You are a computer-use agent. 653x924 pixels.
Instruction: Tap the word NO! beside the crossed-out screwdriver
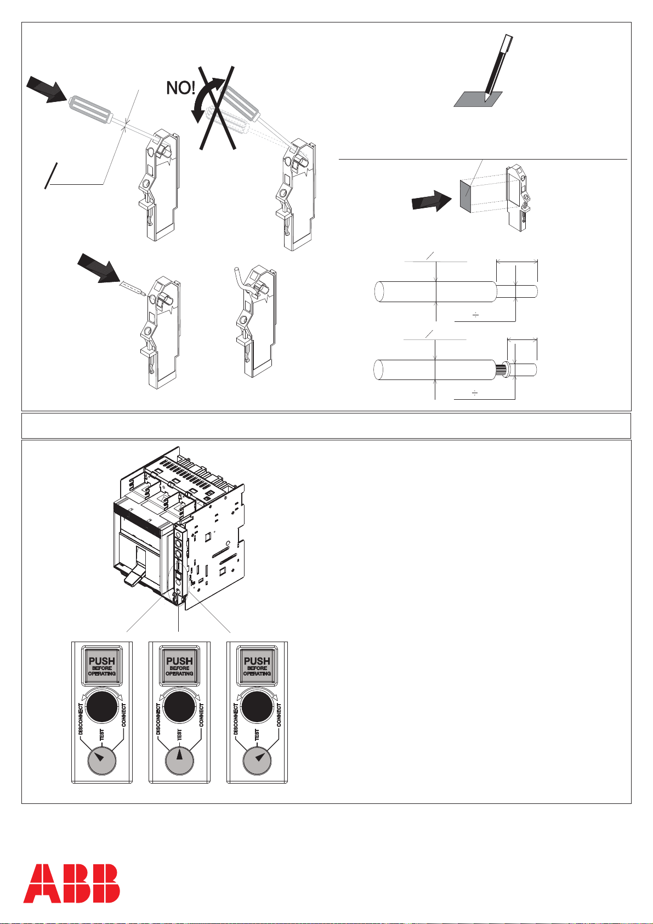(181, 88)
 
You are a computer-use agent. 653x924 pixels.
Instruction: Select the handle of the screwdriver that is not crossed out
(89, 109)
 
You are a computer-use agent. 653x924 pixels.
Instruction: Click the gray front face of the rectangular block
(465, 196)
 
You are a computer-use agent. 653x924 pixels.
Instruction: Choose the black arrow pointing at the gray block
(431, 201)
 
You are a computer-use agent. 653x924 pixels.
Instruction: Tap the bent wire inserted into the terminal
(243, 282)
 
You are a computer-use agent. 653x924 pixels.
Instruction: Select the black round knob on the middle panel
(179, 707)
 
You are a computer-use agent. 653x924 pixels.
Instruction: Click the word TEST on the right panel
(257, 735)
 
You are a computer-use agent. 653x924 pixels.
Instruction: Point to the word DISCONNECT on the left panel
(81, 718)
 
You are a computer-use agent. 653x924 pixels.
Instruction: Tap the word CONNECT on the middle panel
(201, 715)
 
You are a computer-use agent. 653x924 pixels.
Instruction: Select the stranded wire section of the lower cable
(502, 369)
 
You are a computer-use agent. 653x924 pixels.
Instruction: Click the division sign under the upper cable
(475, 315)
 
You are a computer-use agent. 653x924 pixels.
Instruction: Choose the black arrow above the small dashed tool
(98, 268)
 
